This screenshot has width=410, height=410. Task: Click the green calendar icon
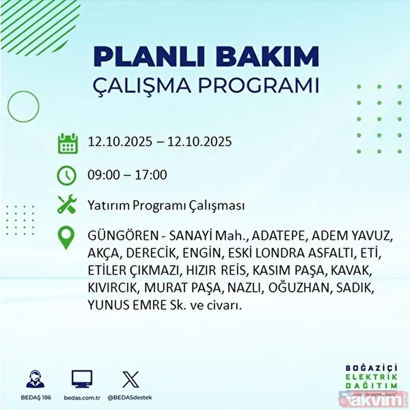pyautogui.click(x=67, y=143)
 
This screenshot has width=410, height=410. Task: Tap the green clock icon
pyautogui.click(x=67, y=175)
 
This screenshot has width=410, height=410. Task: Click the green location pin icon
pyautogui.click(x=67, y=238)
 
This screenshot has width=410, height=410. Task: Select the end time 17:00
pyautogui.click(x=150, y=175)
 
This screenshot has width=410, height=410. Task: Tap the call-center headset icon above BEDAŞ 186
pyautogui.click(x=34, y=378)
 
